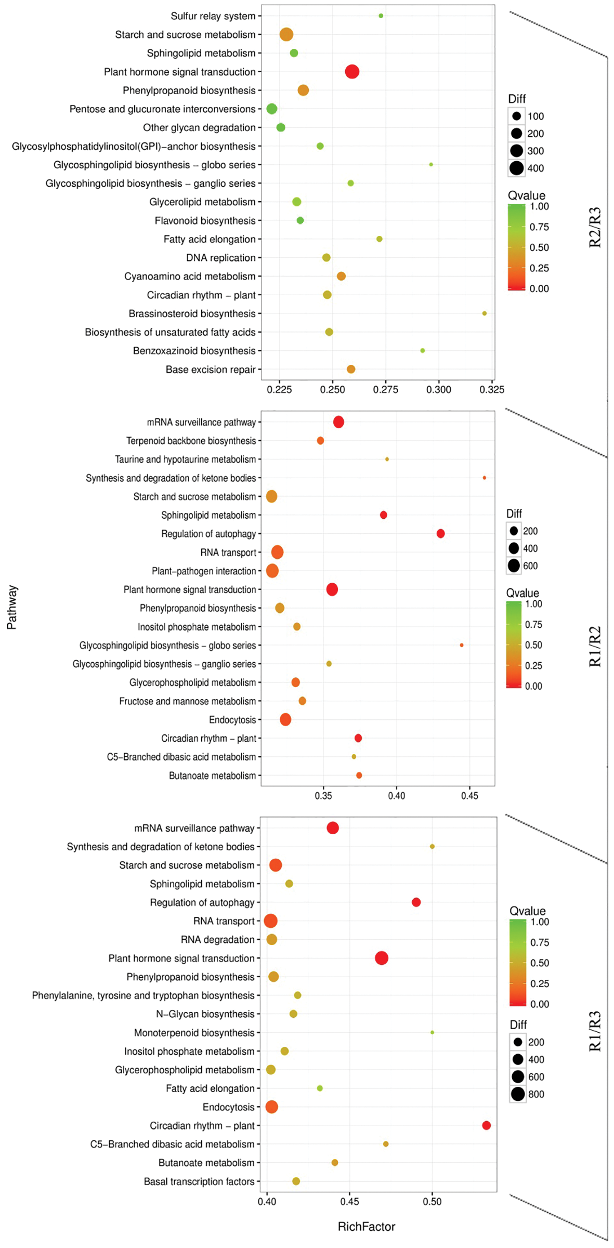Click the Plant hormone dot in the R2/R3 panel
(x=352, y=72)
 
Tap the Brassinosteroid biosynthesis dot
(x=484, y=313)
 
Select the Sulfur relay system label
(x=213, y=16)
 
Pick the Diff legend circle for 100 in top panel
(x=516, y=116)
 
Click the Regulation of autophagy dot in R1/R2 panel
(x=440, y=534)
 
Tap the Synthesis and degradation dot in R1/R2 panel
(x=484, y=478)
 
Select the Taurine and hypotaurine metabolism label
(x=186, y=459)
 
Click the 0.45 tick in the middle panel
(x=469, y=796)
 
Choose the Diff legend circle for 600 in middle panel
(x=514, y=566)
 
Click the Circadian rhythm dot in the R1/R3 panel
(x=486, y=1125)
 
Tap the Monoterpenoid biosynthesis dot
(x=432, y=1032)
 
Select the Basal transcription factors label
(x=199, y=1181)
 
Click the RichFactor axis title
(x=367, y=1227)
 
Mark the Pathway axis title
(x=12, y=607)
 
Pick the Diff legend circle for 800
(x=517, y=1094)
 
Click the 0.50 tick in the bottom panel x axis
(x=432, y=1202)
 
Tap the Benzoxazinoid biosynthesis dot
(x=422, y=351)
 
